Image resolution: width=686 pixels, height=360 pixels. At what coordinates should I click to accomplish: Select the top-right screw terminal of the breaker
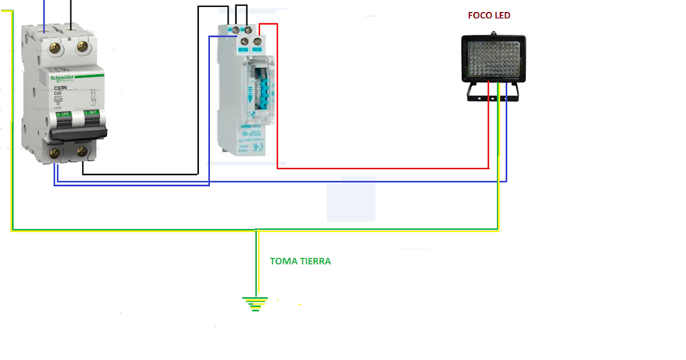(82, 47)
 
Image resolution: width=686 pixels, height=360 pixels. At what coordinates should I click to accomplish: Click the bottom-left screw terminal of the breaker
(55, 152)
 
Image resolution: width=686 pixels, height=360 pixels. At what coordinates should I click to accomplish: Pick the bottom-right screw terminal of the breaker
(82, 152)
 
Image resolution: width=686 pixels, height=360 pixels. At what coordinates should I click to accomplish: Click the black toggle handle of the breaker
(78, 133)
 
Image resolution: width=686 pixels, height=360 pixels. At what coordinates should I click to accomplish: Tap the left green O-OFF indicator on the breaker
(62, 114)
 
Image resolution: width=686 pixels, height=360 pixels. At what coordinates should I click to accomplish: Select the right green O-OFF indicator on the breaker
(91, 114)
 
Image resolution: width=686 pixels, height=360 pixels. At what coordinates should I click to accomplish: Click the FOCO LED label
(489, 15)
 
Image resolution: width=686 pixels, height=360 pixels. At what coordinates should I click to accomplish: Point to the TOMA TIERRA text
(300, 261)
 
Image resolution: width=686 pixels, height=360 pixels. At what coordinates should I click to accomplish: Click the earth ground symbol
(255, 303)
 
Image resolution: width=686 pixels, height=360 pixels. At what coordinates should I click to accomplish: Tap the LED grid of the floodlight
(493, 58)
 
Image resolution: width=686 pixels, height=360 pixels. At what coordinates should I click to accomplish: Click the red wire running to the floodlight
(383, 168)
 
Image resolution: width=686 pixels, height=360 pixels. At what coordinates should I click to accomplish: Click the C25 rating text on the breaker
(58, 94)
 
